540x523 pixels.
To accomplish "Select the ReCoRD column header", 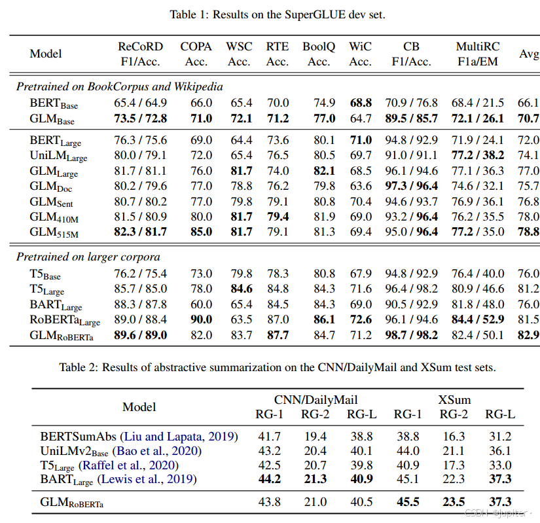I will pyautogui.click(x=140, y=54).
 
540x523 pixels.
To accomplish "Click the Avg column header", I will pyautogui.click(x=528, y=54).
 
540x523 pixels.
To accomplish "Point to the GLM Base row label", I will pyautogui.click(x=52, y=119).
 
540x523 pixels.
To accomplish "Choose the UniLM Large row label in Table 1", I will pyautogui.click(x=58, y=156).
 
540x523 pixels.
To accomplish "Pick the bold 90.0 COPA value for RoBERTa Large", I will pyautogui.click(x=196, y=319).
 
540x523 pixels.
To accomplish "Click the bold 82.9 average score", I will pyautogui.click(x=528, y=335).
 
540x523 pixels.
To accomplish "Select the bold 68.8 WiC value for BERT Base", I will pyautogui.click(x=360, y=103).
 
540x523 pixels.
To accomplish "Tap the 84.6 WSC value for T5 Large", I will pyautogui.click(x=239, y=288).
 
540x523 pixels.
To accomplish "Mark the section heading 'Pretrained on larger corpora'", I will pyautogui.click(x=88, y=257).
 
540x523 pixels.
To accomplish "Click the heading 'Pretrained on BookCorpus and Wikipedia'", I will pyautogui.click(x=119, y=86).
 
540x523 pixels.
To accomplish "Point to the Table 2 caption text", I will pyautogui.click(x=277, y=368).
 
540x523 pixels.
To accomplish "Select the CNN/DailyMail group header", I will pyautogui.click(x=316, y=400).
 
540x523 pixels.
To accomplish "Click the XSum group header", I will pyautogui.click(x=454, y=400).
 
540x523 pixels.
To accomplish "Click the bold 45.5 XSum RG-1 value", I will pyautogui.click(x=407, y=503).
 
